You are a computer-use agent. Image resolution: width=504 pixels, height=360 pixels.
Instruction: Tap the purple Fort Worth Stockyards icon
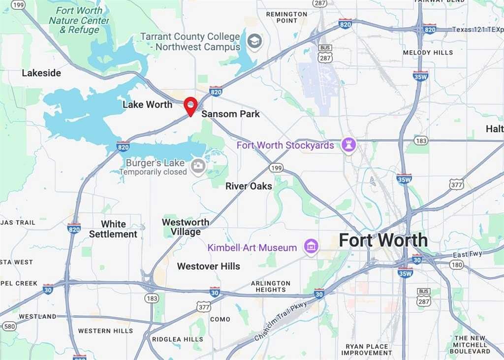tap(349, 145)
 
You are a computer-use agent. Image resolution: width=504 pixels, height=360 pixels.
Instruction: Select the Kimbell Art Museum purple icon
tap(311, 246)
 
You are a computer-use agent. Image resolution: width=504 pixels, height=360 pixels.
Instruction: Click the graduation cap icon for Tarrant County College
tap(254, 41)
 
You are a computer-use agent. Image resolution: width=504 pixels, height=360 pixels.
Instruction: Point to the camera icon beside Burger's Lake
tap(198, 166)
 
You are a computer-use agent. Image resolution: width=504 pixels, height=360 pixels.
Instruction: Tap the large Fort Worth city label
tap(383, 240)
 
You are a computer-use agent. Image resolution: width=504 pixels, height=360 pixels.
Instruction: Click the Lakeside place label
tap(41, 73)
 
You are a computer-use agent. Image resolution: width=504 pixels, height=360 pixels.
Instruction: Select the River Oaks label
tap(249, 186)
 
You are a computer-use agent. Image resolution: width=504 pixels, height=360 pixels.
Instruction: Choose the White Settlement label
tap(113, 229)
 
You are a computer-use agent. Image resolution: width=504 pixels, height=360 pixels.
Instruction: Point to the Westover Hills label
tap(209, 266)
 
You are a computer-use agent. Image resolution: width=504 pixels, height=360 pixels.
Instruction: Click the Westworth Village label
tap(186, 227)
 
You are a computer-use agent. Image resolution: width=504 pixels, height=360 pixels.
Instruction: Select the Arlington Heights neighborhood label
tap(270, 286)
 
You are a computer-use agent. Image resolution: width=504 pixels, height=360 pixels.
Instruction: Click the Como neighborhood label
tap(220, 319)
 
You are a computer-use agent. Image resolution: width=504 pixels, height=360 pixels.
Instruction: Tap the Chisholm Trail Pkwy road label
tap(281, 322)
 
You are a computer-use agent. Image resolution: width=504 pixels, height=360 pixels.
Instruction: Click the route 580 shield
tap(8, 326)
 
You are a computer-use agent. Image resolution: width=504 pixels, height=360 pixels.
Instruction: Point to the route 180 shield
tap(456, 265)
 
